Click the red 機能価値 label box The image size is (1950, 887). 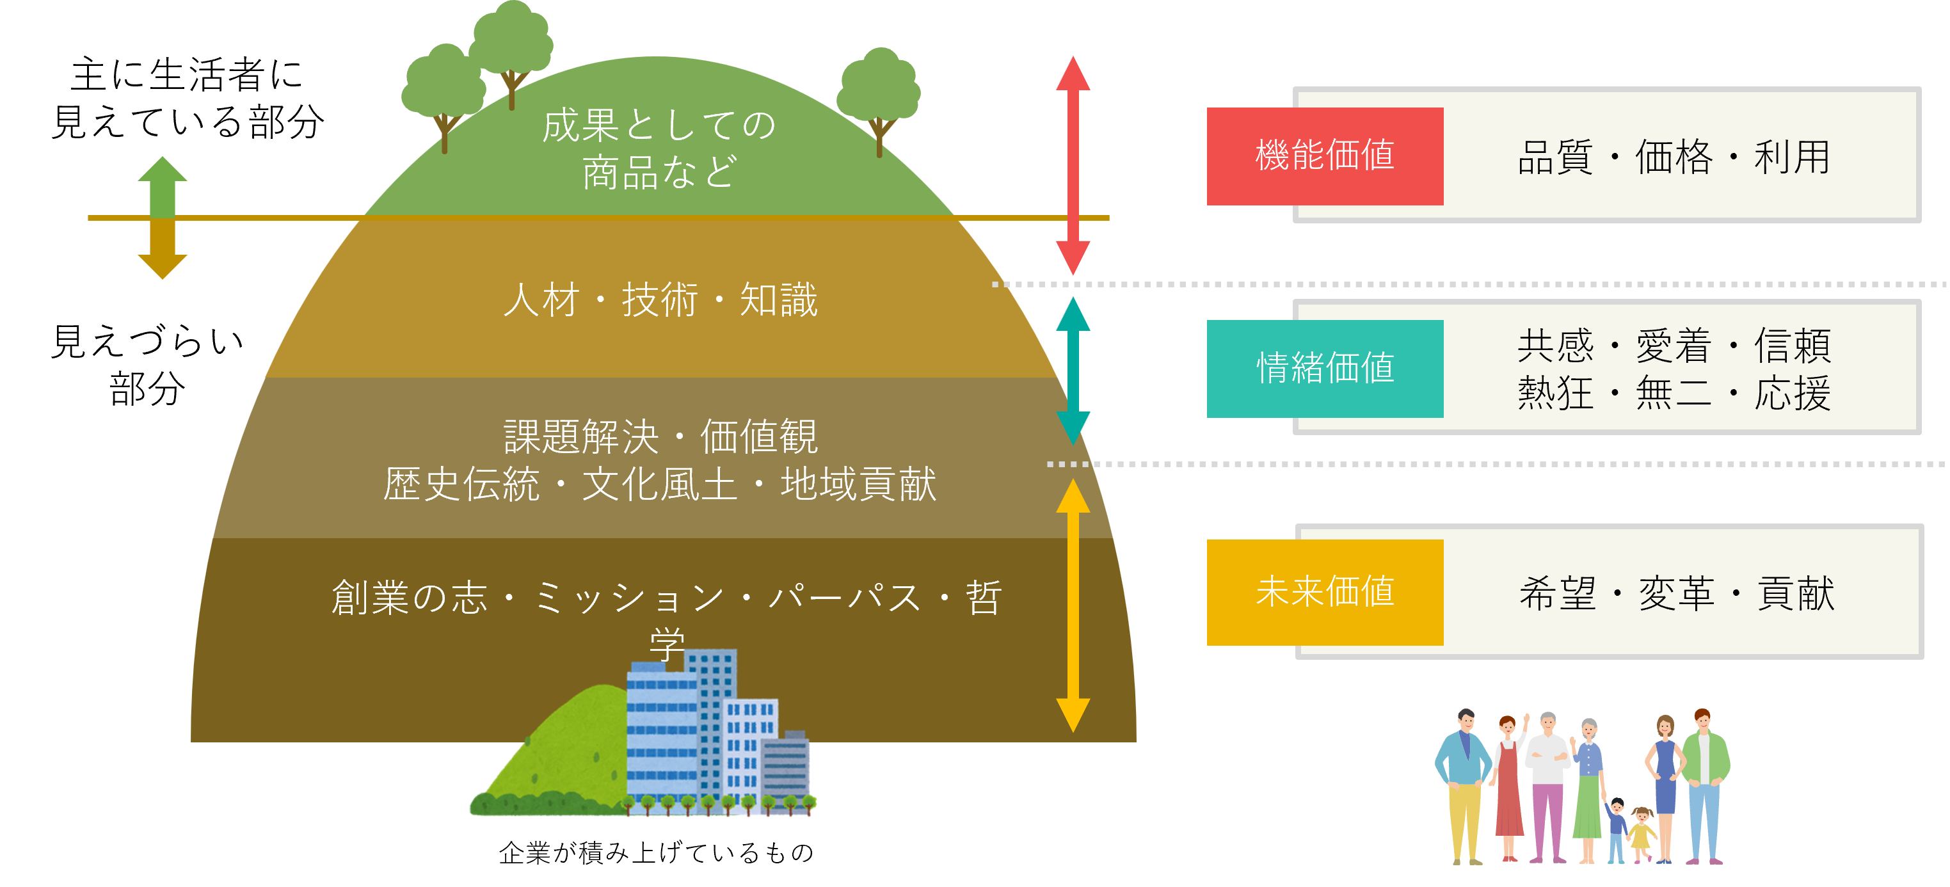coord(1324,156)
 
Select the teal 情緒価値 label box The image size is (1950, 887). coord(1324,369)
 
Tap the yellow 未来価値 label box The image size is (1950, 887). coord(1324,592)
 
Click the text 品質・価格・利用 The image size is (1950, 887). coord(1674,157)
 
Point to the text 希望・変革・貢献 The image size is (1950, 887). coord(1677,593)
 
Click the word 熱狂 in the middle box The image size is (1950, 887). coord(1556,394)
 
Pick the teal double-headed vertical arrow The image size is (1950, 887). coord(1073,371)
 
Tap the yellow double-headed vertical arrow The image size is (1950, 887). coord(1073,605)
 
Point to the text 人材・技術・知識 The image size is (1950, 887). coord(660,300)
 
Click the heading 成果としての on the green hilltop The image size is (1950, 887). coord(659,125)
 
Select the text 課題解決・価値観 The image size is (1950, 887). coord(660,436)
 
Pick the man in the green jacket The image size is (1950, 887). coord(1705,779)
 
